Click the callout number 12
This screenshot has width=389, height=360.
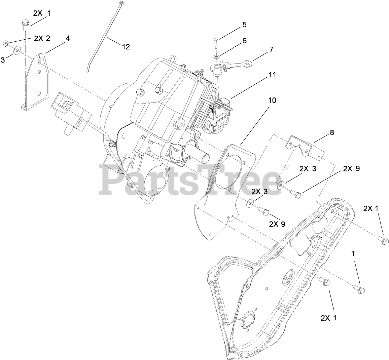pyautogui.click(x=126, y=47)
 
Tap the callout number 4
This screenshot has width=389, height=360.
pyautogui.click(x=68, y=38)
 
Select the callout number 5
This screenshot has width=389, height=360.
pyautogui.click(x=244, y=25)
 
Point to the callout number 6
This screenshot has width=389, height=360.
pyautogui.click(x=244, y=41)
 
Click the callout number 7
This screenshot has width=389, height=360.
pyautogui.click(x=271, y=49)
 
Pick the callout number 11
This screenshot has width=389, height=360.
pyautogui.click(x=272, y=75)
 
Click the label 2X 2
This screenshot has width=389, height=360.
pyautogui.click(x=42, y=38)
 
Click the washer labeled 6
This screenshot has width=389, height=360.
pyautogui.click(x=217, y=55)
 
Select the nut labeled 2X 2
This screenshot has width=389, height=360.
pyautogui.click(x=6, y=43)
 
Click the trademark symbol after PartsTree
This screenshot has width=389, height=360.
pyautogui.click(x=284, y=167)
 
